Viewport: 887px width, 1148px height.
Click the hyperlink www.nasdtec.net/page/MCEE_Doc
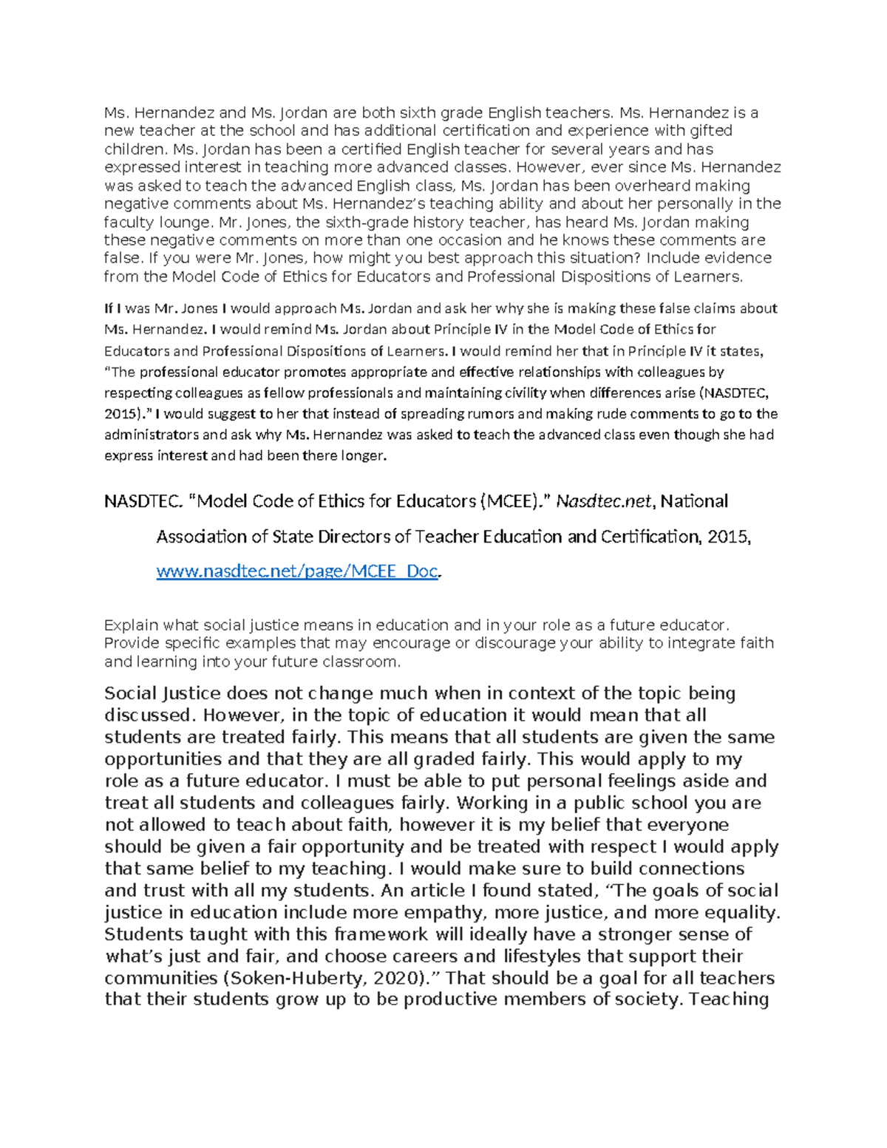298,571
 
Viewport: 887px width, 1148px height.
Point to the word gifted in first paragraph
713,131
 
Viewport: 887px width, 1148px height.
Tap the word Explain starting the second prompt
131,625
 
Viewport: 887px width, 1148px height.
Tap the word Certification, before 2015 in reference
650,537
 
